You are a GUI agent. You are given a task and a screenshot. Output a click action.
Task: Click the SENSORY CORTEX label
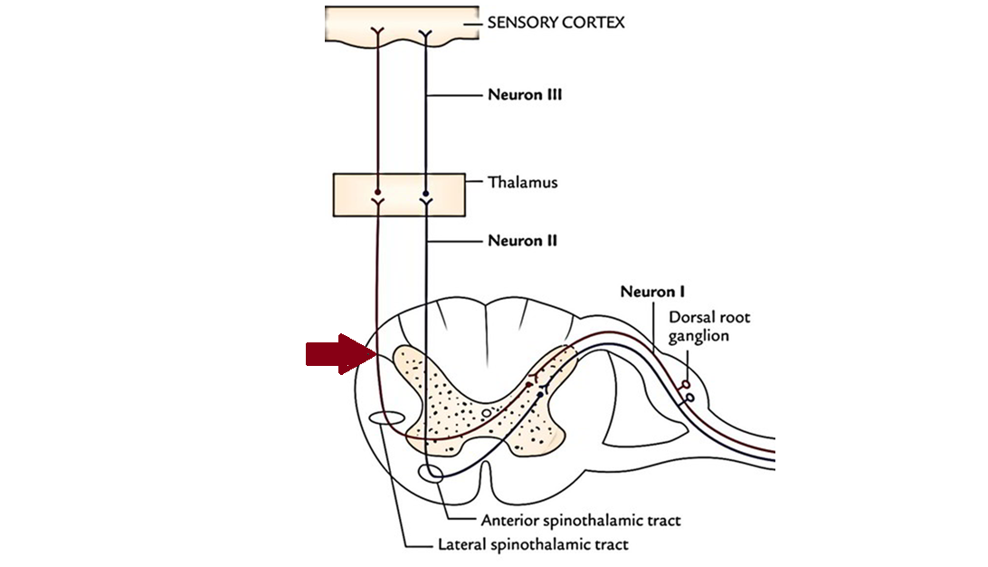(555, 22)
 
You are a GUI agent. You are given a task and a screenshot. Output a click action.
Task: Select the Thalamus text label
(522, 182)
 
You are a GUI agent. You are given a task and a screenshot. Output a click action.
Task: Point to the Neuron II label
(522, 241)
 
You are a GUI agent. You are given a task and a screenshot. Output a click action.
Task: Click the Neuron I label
(651, 292)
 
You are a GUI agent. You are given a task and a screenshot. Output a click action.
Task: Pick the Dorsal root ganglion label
(709, 326)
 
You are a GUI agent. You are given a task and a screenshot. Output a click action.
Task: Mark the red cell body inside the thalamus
(375, 193)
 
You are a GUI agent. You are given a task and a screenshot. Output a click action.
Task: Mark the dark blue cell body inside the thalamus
(424, 193)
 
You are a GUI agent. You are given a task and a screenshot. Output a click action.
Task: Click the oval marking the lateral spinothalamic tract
(387, 419)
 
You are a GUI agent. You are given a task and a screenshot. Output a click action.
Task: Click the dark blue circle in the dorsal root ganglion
(690, 397)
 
